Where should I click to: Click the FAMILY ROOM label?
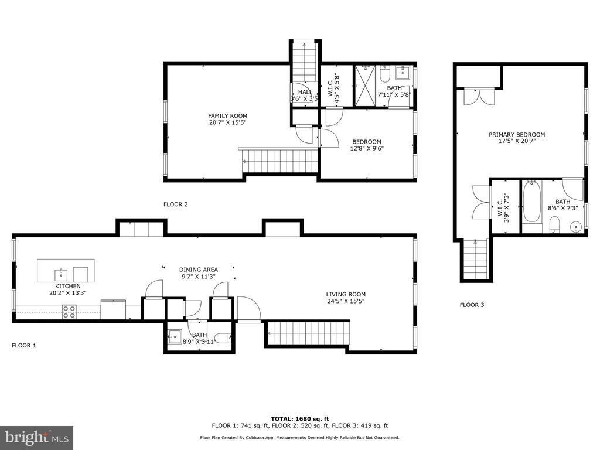228,115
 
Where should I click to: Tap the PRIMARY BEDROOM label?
517,134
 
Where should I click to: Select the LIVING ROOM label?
346,294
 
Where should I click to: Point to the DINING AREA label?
199,270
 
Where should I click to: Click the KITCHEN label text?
68,286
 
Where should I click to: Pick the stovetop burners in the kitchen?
69,312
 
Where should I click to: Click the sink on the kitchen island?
61,275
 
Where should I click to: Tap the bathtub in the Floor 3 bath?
531,202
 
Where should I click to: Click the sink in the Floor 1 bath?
175,336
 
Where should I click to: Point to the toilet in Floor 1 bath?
223,337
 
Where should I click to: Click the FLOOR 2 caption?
176,204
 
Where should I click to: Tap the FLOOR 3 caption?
472,305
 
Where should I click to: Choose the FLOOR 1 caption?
23,345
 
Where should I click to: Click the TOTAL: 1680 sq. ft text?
299,418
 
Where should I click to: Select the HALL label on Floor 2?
305,92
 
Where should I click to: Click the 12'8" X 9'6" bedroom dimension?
367,148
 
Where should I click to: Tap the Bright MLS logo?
37,438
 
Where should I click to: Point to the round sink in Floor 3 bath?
576,227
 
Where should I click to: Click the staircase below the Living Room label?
308,333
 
